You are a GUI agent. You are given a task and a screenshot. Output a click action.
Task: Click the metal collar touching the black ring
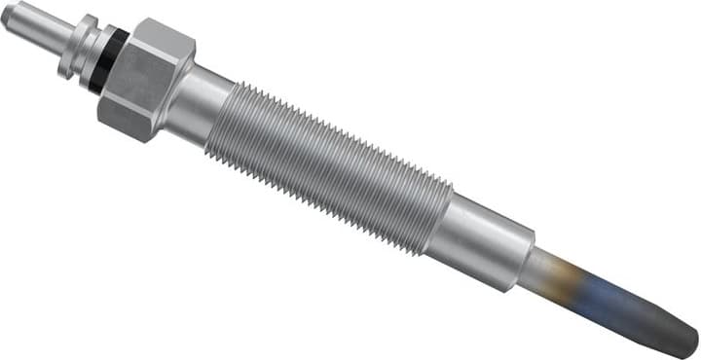pyautogui.click(x=96, y=55)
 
